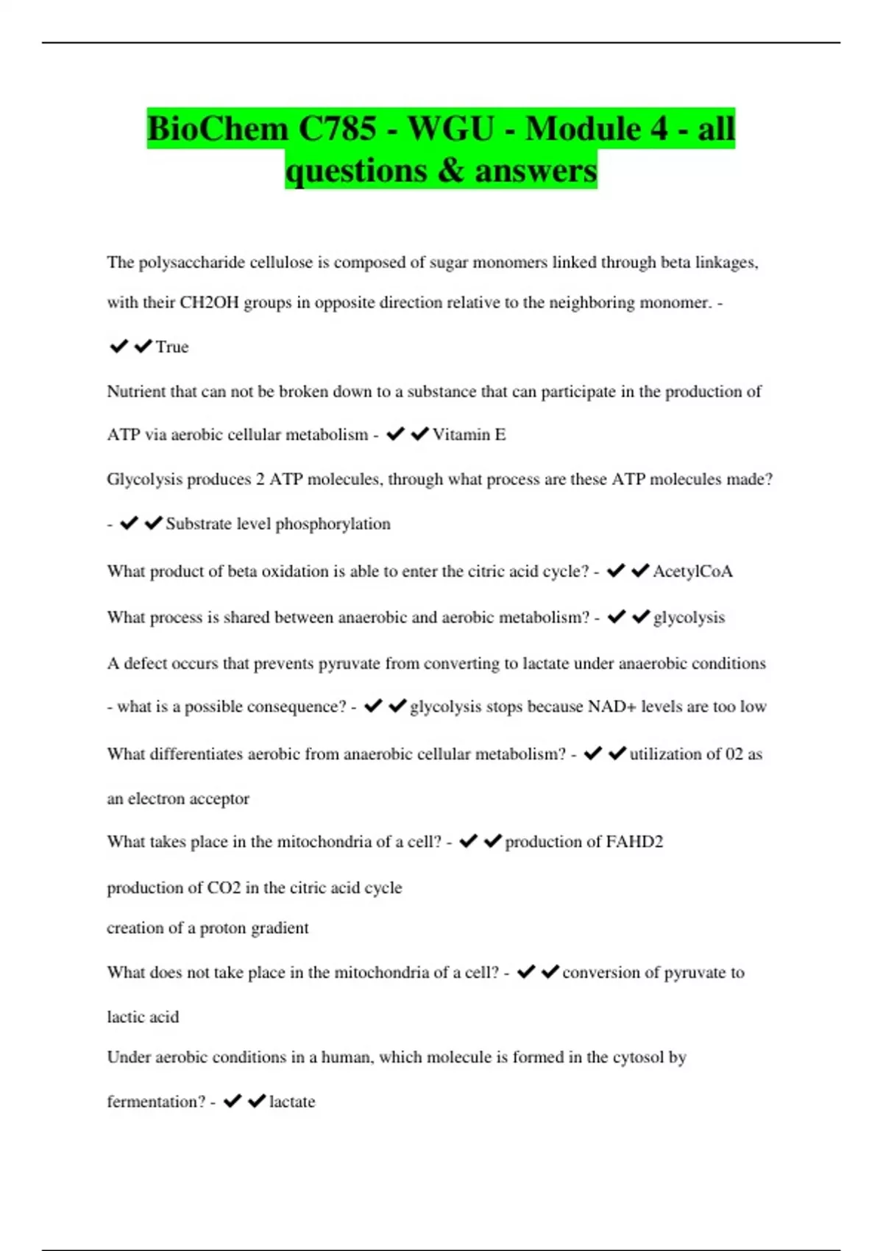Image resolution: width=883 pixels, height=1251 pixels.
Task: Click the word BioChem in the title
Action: [217, 130]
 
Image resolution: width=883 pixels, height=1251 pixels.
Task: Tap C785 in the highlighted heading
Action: [336, 130]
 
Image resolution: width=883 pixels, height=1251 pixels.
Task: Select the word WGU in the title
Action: [451, 130]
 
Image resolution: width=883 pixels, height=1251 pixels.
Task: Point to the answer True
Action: [172, 347]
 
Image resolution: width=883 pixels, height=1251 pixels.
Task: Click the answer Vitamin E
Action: [469, 435]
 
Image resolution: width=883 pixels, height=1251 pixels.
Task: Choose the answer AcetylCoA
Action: [692, 572]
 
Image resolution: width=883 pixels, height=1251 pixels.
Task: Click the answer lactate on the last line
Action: [292, 1102]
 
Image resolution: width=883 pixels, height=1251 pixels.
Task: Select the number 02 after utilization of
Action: [734, 754]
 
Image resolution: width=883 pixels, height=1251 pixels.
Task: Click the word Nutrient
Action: [136, 391]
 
